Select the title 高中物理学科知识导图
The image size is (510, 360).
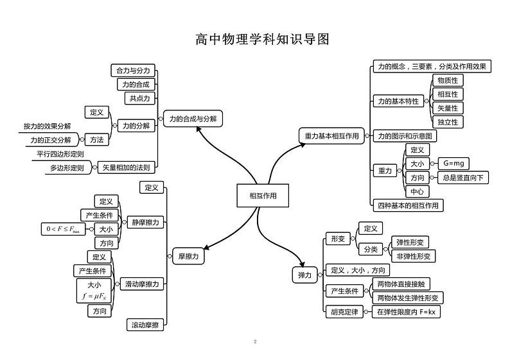[x=262, y=40]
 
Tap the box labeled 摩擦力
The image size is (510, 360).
[x=188, y=256]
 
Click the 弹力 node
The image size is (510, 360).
[x=304, y=275]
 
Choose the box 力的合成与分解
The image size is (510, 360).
[x=193, y=119]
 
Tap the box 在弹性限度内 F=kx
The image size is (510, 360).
[x=406, y=312]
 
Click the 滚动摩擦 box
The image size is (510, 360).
[x=145, y=325]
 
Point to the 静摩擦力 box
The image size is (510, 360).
[x=145, y=223]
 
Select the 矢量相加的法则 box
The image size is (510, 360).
[x=127, y=167]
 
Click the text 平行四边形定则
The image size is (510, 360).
[x=59, y=155]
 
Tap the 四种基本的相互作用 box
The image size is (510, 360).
[x=409, y=205]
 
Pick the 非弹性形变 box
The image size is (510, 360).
[x=415, y=256]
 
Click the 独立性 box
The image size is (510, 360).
[x=447, y=121]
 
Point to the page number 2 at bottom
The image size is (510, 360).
[x=255, y=341]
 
